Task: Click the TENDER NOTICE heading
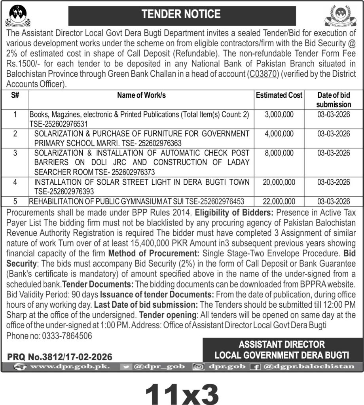pos(182,15)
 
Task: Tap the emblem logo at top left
pos(19,15)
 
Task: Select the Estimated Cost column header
pos(279,95)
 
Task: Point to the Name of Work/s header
pos(141,95)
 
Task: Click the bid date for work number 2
pos(334,134)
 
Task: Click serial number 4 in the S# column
pos(15,182)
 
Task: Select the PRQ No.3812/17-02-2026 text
pos(60,357)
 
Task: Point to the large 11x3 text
pos(182,392)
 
